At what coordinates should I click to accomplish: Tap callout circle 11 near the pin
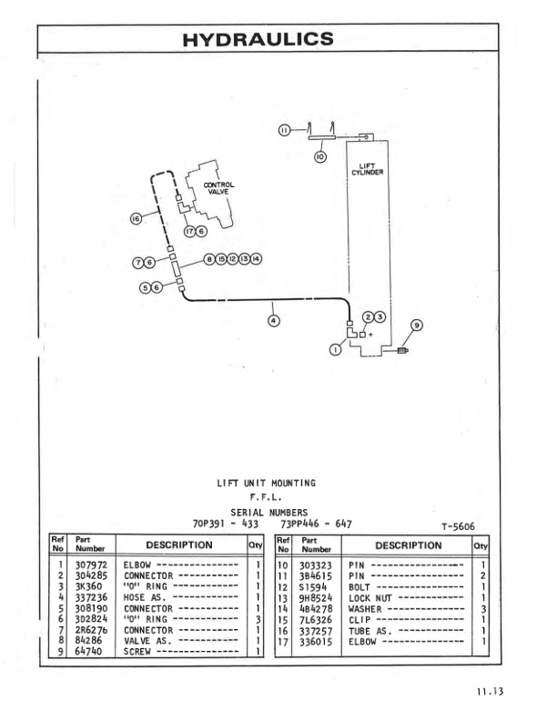[284, 131]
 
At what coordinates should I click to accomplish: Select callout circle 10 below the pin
[320, 156]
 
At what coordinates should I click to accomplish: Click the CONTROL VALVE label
[218, 188]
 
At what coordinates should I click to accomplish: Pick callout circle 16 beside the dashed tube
[137, 218]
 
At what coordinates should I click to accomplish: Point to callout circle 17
[189, 231]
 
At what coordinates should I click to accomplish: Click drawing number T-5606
[461, 526]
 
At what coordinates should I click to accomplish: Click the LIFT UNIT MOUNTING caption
[265, 483]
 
